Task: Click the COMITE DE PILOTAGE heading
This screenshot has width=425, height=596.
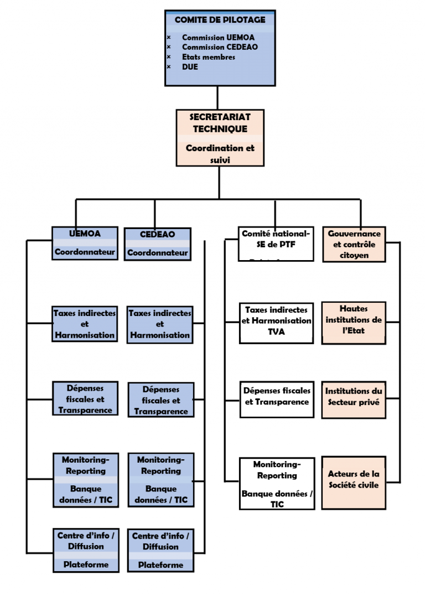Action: point(220,20)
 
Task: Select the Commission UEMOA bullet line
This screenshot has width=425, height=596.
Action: point(218,38)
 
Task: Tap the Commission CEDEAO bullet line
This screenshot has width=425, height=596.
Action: point(220,47)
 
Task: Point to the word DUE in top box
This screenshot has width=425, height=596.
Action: point(190,67)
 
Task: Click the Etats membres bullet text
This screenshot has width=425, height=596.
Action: point(209,57)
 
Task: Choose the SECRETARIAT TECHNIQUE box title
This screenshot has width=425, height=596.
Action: point(220,123)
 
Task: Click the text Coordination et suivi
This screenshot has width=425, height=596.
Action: point(220,154)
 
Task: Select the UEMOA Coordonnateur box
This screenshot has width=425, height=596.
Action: point(85,243)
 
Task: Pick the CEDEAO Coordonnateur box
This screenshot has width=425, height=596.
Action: point(158,244)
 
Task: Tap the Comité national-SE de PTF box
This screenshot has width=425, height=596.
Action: point(276,243)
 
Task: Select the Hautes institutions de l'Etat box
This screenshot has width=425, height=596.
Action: point(354,322)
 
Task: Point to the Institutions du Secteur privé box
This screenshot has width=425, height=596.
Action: point(354,397)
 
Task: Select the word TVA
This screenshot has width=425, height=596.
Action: point(277,332)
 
